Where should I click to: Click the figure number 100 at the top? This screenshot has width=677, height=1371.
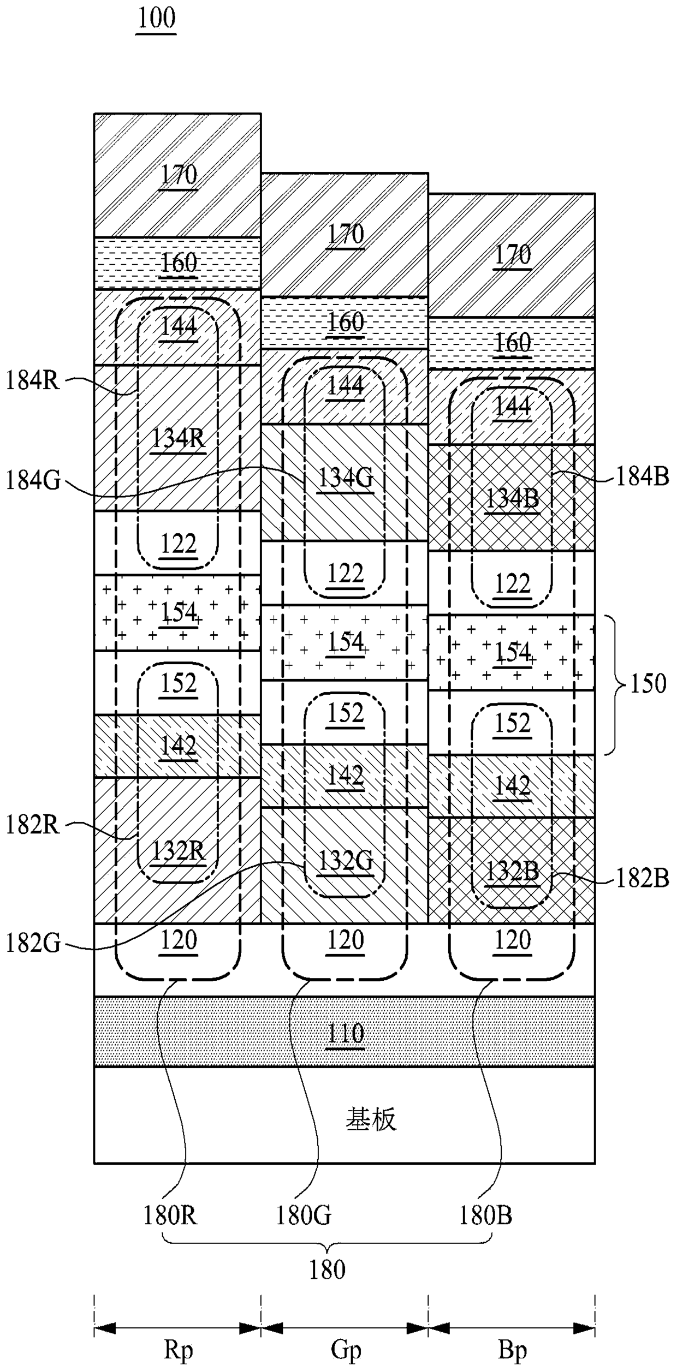click(156, 19)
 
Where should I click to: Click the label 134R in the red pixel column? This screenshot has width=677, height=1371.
click(179, 438)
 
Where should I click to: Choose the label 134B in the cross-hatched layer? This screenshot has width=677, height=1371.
click(512, 498)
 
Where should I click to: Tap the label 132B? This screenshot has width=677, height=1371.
click(512, 872)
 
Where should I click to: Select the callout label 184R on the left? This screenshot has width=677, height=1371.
click(33, 380)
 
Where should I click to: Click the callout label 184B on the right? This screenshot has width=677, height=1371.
click(643, 476)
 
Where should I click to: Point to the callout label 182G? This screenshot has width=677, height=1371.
click(33, 944)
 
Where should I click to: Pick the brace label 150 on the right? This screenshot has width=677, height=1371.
click(649, 683)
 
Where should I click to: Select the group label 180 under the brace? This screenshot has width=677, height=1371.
click(328, 1270)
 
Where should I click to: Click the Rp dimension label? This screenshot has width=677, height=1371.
click(179, 1350)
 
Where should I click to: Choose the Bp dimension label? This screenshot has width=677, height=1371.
click(512, 1350)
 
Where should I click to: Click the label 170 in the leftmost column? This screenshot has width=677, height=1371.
click(179, 175)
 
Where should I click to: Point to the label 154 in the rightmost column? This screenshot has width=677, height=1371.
click(512, 652)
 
